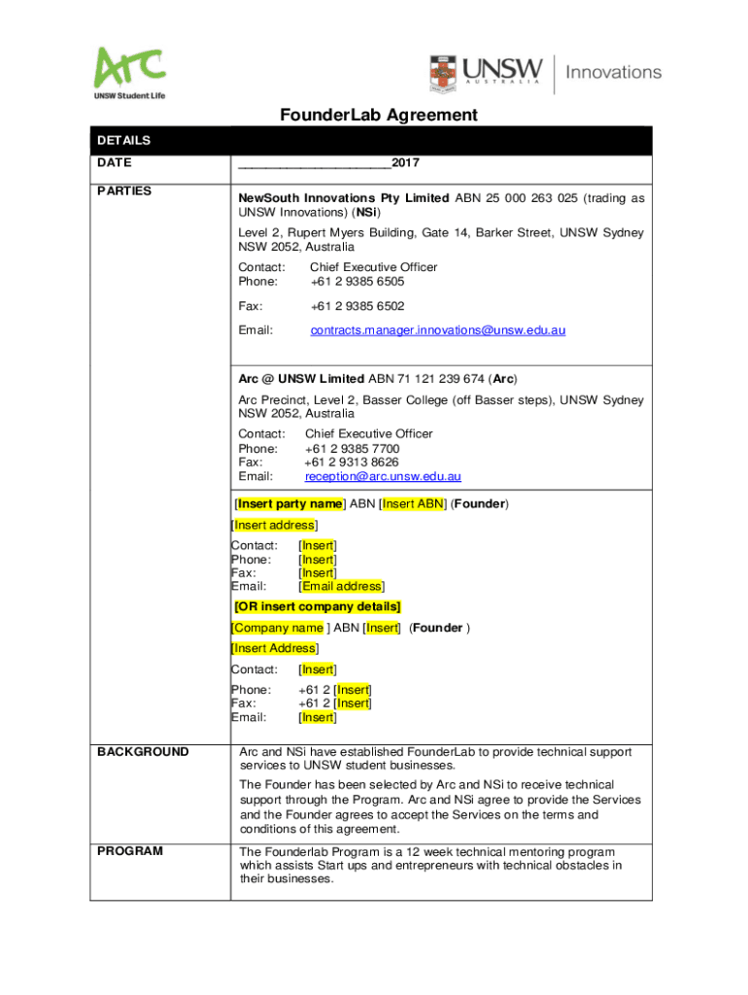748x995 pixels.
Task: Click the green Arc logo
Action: pyautogui.click(x=129, y=69)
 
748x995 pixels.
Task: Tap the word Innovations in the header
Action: pyautogui.click(x=613, y=72)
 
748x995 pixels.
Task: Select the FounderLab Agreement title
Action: pyautogui.click(x=379, y=116)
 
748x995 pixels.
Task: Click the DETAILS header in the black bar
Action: pyautogui.click(x=123, y=141)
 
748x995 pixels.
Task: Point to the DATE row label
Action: pyautogui.click(x=115, y=163)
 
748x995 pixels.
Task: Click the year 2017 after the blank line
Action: pyautogui.click(x=406, y=163)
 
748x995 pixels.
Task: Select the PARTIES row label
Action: pyautogui.click(x=124, y=191)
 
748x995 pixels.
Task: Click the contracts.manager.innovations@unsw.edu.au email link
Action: pyautogui.click(x=437, y=330)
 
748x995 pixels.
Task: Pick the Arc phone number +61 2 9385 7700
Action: pyautogui.click(x=352, y=449)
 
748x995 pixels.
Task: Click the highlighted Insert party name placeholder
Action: pyautogui.click(x=290, y=503)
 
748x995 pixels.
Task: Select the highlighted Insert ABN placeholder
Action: pyautogui.click(x=413, y=503)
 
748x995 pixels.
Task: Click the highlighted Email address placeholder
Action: pyautogui.click(x=341, y=586)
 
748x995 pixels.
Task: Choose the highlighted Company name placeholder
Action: pyautogui.click(x=277, y=628)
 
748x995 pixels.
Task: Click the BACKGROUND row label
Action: pyautogui.click(x=143, y=752)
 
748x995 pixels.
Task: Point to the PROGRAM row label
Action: pyautogui.click(x=130, y=851)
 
